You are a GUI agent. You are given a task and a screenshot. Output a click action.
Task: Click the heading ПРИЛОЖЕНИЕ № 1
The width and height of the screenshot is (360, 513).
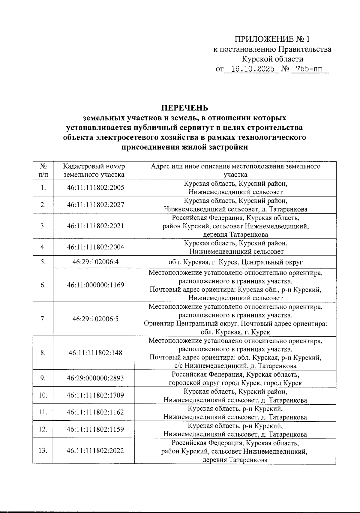pos(272,39)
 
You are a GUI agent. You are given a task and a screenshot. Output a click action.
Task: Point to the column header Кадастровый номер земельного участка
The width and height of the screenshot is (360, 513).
pos(94,170)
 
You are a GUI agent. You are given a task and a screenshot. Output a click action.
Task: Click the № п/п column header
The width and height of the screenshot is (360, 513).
pos(43,170)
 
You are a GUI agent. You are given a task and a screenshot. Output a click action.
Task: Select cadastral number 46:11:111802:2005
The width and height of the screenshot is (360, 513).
pos(95,188)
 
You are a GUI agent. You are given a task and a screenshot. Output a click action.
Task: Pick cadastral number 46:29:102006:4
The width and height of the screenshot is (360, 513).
pos(95,262)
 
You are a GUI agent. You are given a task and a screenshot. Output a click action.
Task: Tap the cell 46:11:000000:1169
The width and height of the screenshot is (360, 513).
pos(95,285)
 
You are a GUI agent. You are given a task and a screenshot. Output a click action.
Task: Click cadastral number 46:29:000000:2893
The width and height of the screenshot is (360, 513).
pos(95,378)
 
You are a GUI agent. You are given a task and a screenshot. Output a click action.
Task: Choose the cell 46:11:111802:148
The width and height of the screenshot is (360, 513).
pos(95,353)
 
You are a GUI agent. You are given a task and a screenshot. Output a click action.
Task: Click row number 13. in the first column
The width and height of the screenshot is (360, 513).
pos(43,451)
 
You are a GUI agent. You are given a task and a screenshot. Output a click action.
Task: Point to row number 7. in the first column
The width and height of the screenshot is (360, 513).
pos(43,319)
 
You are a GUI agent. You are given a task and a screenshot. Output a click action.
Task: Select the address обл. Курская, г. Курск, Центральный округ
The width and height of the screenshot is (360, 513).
pos(235,262)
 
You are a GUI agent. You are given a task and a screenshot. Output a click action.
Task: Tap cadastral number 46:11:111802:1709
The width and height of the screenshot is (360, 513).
pos(95,395)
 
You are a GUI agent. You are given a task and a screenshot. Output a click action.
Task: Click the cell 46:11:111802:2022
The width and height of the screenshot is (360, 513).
pos(95,451)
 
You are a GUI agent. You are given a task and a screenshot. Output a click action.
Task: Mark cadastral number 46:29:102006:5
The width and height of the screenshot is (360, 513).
pos(95,319)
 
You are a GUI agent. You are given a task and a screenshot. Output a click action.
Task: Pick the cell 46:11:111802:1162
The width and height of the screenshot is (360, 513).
pos(95,412)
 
